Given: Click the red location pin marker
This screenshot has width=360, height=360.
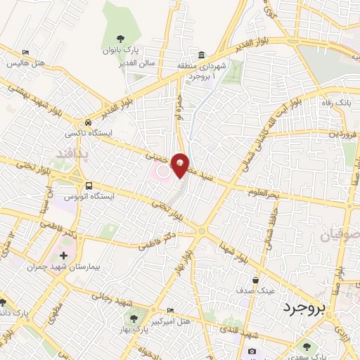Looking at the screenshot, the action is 180,165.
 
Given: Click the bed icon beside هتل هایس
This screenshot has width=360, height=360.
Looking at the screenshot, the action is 26,52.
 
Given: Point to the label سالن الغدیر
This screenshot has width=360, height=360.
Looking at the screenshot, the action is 146,63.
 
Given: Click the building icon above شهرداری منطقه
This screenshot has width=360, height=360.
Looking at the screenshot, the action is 202,55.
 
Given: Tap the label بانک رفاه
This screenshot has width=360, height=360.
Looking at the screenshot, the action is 334,103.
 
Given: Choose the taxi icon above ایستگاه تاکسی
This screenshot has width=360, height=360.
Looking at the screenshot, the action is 86,120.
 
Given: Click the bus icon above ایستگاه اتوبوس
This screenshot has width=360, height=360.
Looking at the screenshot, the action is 89,185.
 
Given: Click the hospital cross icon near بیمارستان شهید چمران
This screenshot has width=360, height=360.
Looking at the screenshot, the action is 63,257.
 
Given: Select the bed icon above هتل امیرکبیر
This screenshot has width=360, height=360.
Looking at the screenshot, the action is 169,311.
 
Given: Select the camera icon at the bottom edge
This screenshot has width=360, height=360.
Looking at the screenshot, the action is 252,351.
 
